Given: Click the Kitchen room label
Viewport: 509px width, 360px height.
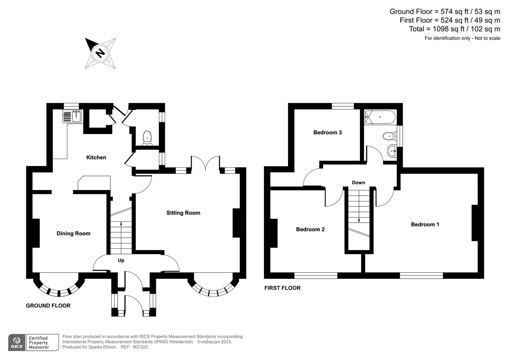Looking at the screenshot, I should [x=96, y=157].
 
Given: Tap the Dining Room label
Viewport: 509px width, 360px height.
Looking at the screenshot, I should [x=73, y=233].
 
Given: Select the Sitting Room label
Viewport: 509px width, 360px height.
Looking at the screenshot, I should [x=183, y=213].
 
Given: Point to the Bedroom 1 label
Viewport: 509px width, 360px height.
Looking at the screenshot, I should [x=425, y=224].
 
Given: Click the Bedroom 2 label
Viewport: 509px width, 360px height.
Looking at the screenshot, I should [x=310, y=229].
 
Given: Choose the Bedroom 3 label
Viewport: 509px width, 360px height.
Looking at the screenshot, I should [x=327, y=132].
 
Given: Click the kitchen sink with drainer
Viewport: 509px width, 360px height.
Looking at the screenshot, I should [x=72, y=116].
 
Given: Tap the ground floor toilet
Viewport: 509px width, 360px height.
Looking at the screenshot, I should [x=147, y=138].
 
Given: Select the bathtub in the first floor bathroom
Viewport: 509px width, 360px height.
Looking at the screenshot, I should [x=380, y=117].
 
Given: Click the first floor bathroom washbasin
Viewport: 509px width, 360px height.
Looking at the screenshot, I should [x=392, y=151].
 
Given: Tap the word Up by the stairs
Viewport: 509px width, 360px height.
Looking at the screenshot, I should [x=121, y=260].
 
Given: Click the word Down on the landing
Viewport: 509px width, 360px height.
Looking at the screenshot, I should [x=358, y=182].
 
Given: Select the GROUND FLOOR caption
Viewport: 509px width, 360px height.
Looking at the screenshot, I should [x=48, y=306].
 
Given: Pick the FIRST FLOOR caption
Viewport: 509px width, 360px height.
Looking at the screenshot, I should [x=282, y=288].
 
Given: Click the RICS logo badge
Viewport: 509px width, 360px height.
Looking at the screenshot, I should [x=16, y=343].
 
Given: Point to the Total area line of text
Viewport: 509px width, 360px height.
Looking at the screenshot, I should [x=454, y=29].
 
